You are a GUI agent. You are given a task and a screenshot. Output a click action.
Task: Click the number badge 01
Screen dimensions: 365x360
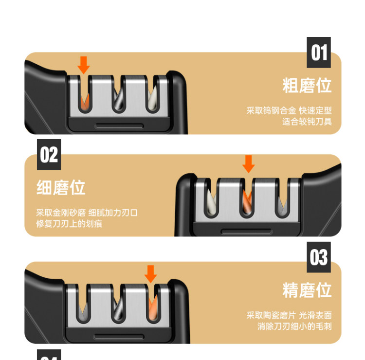click(319, 53)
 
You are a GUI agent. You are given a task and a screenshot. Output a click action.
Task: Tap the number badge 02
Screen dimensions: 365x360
click(49, 155)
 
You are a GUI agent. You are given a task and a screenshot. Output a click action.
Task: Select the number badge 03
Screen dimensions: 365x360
click(319, 257)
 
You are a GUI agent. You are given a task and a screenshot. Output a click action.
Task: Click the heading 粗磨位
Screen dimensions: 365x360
click(307, 86)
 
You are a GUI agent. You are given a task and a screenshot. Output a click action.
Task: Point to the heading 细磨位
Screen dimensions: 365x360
click(61, 187)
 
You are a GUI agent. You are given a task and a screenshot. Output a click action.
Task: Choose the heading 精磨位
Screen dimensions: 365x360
click(307, 290)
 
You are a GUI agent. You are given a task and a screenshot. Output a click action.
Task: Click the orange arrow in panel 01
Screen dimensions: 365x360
click(84, 65)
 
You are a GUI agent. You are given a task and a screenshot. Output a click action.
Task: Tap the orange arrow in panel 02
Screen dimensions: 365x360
click(249, 164)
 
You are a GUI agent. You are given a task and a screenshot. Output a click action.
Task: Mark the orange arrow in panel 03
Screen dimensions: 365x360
click(150, 274)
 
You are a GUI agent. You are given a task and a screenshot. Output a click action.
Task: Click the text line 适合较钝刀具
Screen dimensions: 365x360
click(307, 122)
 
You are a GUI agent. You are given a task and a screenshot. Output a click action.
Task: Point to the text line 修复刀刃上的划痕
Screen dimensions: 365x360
click(69, 224)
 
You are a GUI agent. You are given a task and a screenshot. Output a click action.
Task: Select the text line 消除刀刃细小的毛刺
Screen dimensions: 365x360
click(294, 326)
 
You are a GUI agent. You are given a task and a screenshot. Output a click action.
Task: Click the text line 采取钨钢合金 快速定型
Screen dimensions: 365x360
click(289, 110)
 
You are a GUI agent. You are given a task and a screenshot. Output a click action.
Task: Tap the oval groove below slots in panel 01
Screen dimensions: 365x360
click(119, 126)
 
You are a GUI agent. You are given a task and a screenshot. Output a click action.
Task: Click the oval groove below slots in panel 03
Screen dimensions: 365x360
click(119, 337)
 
